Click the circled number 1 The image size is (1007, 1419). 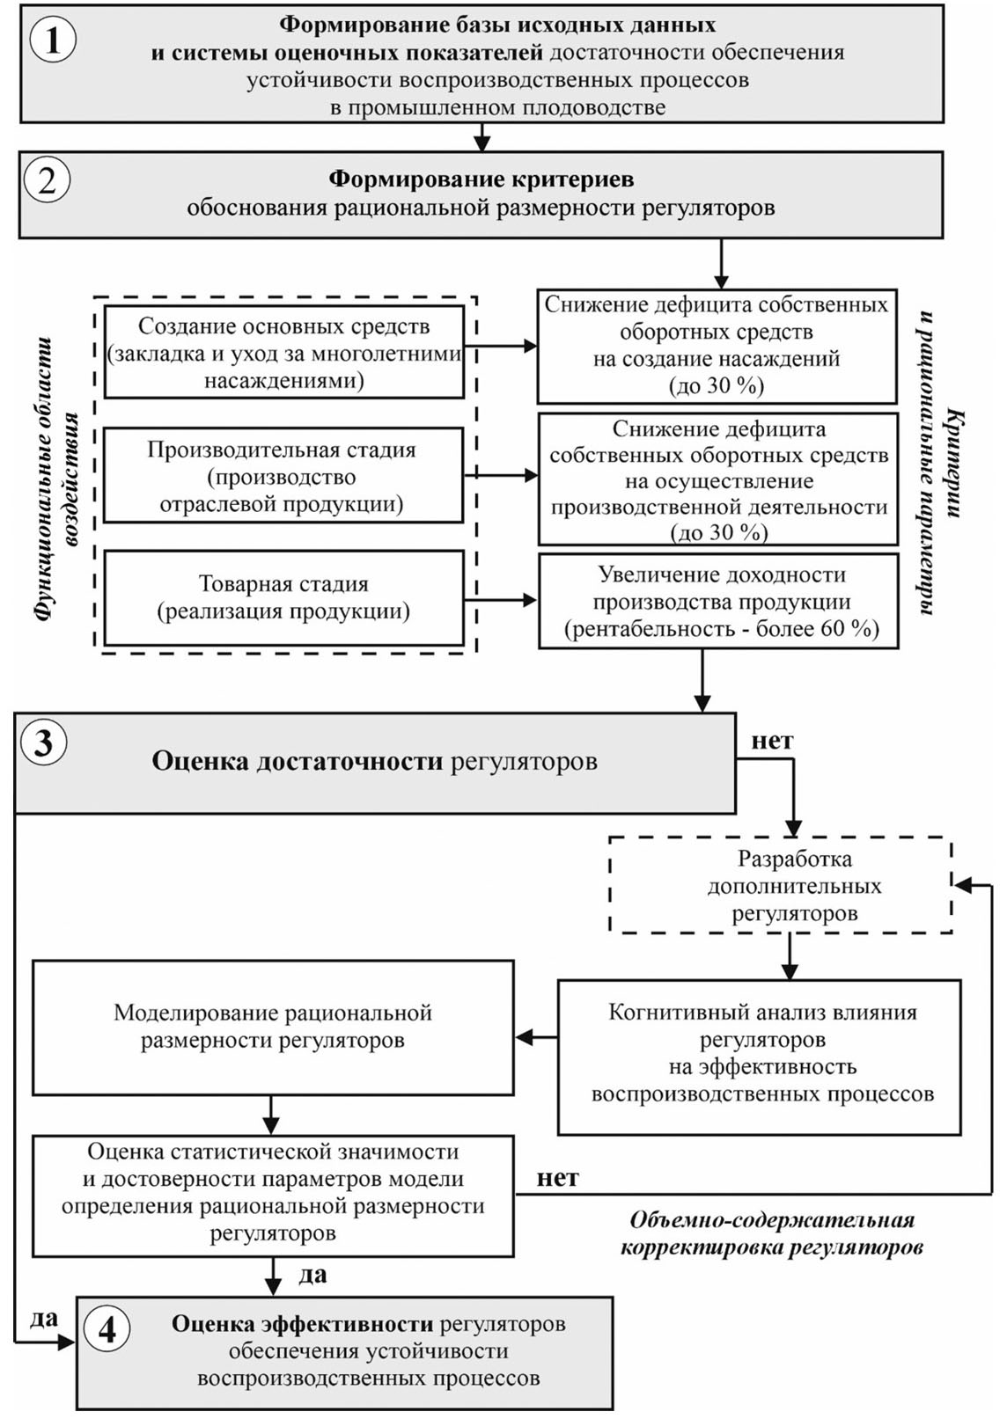click(53, 40)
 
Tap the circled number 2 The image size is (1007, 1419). click(47, 180)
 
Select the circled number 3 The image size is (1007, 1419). click(43, 743)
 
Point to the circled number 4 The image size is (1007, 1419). click(107, 1329)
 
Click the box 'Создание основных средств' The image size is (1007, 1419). click(283, 353)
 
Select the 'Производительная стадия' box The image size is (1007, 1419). click(283, 476)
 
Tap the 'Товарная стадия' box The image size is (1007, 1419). click(283, 598)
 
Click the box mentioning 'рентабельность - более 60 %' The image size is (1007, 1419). click(718, 602)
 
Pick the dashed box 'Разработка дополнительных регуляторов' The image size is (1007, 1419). click(781, 886)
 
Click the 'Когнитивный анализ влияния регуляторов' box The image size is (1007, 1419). click(760, 1053)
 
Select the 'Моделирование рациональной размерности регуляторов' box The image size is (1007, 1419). click(273, 1027)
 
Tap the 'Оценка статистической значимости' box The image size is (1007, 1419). click(273, 1192)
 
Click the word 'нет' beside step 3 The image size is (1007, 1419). click(772, 741)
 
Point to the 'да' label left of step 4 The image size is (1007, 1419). click(44, 1317)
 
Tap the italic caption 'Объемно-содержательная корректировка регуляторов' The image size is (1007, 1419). click(771, 1233)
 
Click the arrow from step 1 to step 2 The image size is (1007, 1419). click(481, 136)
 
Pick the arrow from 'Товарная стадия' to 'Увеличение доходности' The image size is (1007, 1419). click(500, 600)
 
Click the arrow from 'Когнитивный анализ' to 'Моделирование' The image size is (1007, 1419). click(535, 1038)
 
